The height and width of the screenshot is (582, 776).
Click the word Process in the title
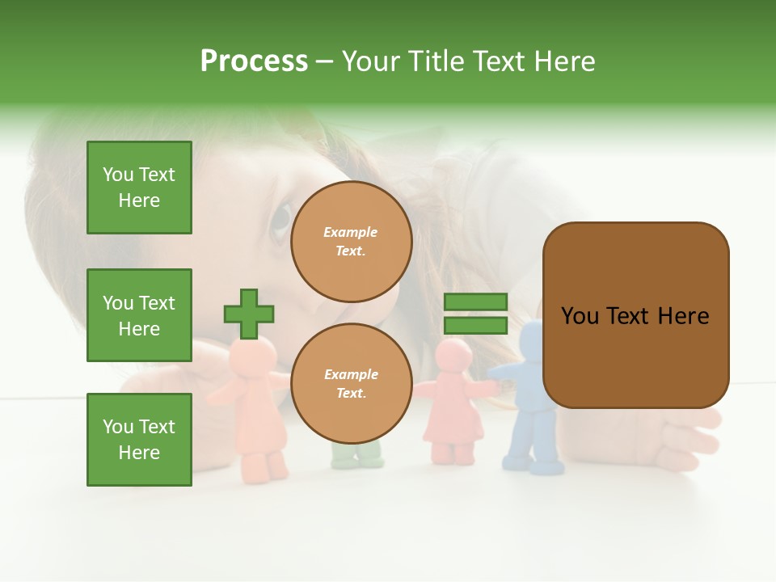254,61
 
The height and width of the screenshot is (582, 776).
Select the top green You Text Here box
139,188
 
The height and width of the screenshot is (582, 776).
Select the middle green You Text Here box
139,315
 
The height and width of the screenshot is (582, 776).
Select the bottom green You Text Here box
139,440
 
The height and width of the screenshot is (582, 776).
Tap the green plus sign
249,314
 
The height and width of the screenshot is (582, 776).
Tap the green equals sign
475,314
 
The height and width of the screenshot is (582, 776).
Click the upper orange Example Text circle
351,242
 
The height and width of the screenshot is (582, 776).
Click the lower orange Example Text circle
351,384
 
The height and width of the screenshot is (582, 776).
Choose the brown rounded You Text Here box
635,315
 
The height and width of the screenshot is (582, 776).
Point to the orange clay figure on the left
257,412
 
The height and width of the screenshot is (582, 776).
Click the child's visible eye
281,217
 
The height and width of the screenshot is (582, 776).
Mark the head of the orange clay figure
255,353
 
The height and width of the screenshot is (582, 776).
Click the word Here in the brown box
683,316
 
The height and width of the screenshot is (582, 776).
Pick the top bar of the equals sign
475,302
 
